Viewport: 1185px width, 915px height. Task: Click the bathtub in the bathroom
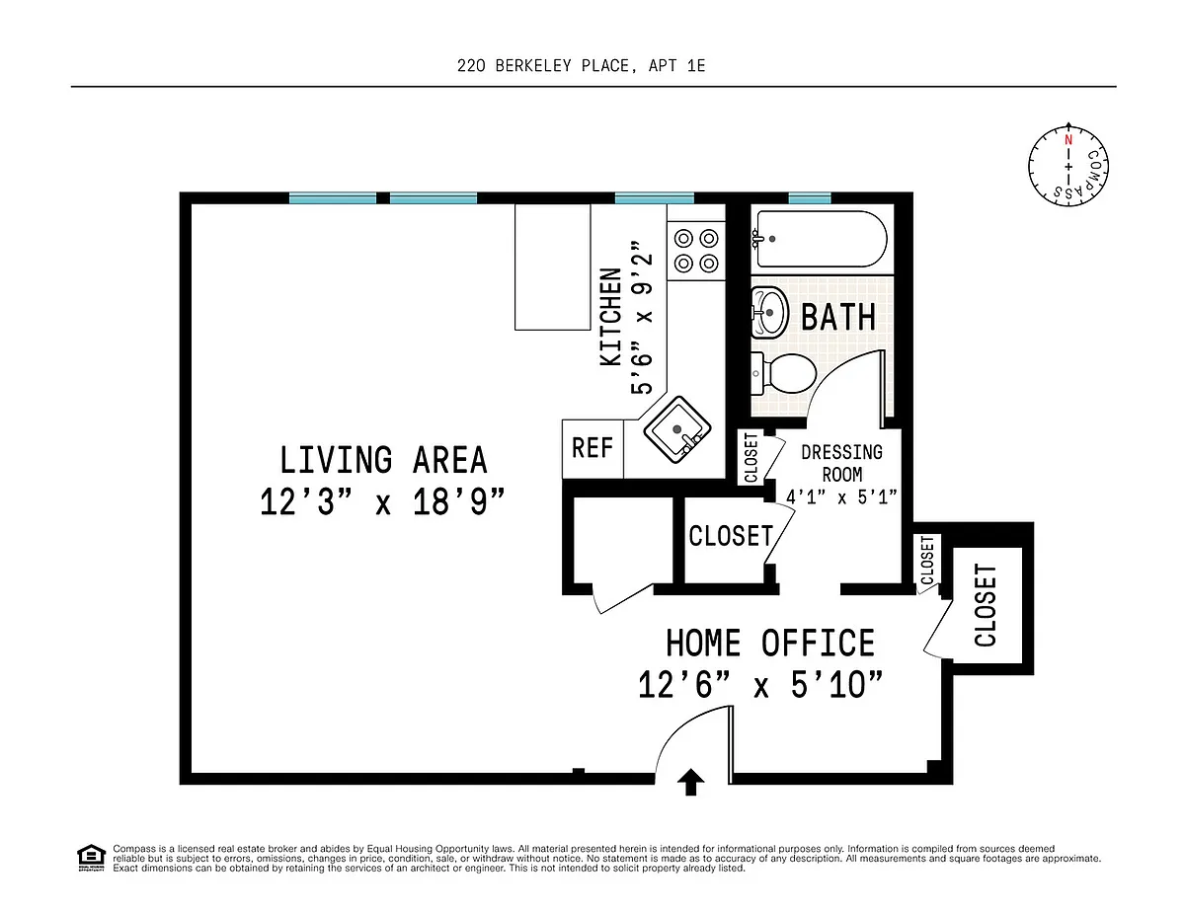point(820,239)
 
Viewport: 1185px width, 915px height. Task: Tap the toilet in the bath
point(783,373)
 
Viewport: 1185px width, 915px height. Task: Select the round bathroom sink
point(769,312)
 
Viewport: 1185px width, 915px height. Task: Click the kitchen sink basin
point(676,430)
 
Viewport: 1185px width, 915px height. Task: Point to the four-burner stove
point(696,251)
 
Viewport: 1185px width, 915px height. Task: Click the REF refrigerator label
point(592,448)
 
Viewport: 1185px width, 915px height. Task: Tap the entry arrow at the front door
point(690,782)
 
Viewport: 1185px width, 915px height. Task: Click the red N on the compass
point(1068,139)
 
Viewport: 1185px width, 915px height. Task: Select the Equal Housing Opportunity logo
point(91,859)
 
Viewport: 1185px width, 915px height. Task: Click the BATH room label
point(838,317)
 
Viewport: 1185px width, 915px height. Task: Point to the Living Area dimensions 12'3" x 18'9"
point(382,501)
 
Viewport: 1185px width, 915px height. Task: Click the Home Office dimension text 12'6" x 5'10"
point(760,685)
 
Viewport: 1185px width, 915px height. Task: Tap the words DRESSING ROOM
point(841,463)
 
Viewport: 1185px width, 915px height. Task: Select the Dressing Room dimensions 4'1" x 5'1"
point(841,497)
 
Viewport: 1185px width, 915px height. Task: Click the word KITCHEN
point(610,317)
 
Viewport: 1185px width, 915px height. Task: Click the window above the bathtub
point(810,198)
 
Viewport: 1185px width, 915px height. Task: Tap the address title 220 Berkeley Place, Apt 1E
point(582,66)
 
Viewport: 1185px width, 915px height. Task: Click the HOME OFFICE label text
point(770,643)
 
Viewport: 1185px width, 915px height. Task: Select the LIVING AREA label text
point(383,460)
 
